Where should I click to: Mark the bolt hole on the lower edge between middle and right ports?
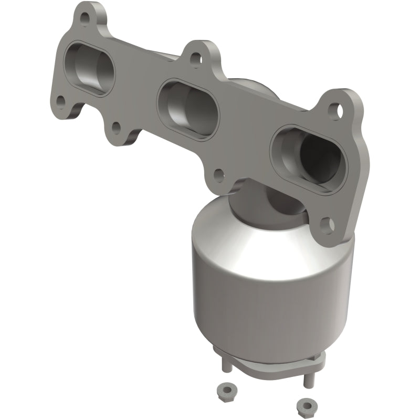pyautogui.click(x=219, y=172)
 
